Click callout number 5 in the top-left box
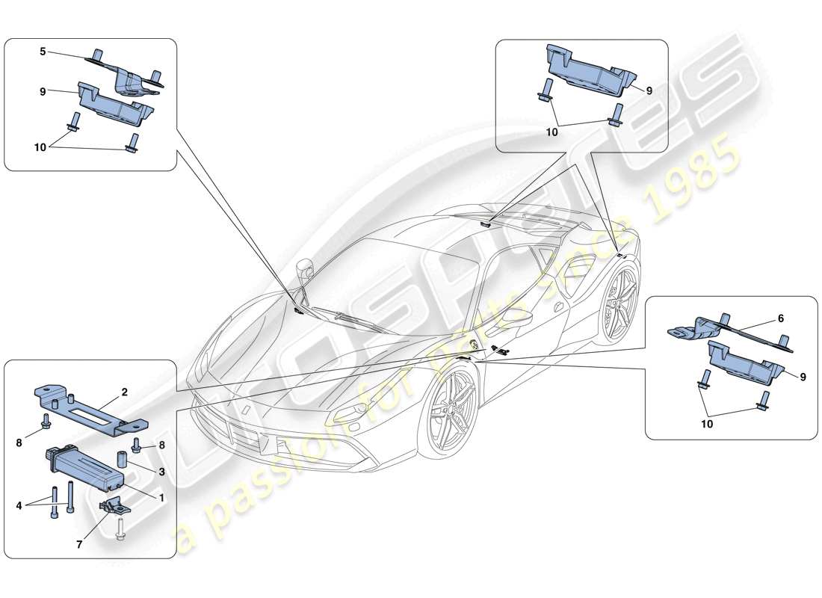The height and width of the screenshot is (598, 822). click(x=43, y=52)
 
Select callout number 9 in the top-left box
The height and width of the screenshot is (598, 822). click(x=43, y=91)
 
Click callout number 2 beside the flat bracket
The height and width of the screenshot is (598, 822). click(x=124, y=391)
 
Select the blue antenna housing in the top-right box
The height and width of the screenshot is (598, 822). click(x=590, y=71)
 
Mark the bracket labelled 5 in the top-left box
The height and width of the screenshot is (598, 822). click(x=131, y=75)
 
